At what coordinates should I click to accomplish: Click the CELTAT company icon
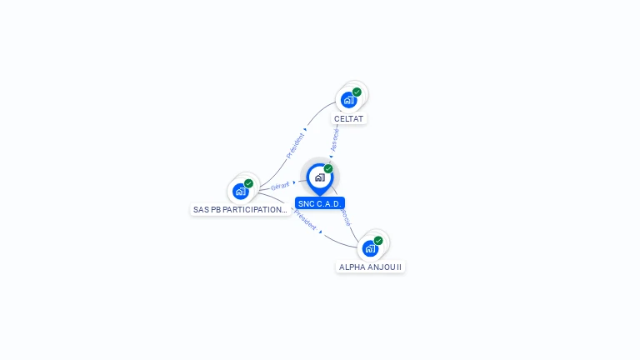(348, 100)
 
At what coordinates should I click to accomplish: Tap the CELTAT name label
(349, 119)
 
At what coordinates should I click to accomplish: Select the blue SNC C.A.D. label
(320, 203)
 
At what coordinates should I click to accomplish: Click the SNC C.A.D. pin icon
(319, 177)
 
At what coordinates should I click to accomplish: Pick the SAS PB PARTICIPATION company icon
(240, 192)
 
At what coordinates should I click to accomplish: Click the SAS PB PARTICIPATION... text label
(240, 210)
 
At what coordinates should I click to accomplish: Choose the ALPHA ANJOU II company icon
(370, 248)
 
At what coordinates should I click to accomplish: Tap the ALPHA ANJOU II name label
(371, 267)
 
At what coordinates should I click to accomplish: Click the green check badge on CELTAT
(357, 92)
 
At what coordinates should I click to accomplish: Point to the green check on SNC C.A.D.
(328, 168)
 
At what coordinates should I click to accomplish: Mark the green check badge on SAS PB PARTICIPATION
(248, 183)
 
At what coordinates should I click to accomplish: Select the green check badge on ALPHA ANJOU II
(378, 240)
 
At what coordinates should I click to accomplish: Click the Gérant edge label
(280, 186)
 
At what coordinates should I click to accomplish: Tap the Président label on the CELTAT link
(295, 146)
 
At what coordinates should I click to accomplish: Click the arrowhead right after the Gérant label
(294, 182)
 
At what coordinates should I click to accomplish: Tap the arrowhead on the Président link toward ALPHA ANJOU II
(321, 232)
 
